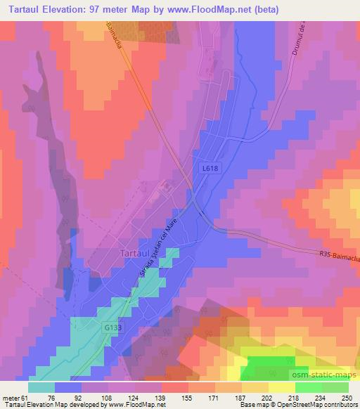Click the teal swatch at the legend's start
[x=41, y=387]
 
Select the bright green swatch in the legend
[x=309, y=387]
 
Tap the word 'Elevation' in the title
[x=73, y=11]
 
